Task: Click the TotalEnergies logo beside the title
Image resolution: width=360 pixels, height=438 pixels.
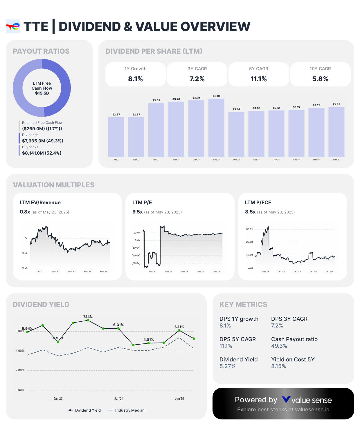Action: [x=13, y=27]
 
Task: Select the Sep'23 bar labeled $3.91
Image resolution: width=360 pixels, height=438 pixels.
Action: [x=216, y=128]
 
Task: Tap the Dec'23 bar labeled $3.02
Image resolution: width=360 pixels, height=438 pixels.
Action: [x=236, y=134]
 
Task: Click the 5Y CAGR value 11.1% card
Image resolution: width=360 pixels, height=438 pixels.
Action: [x=259, y=75]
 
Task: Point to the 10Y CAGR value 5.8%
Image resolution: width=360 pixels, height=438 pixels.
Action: [x=320, y=79]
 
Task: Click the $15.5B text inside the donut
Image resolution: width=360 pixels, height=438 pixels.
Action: [x=42, y=93]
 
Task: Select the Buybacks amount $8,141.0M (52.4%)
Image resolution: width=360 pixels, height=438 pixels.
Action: [x=42, y=153]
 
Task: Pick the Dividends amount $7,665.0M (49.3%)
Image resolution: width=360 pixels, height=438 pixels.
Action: [x=43, y=141]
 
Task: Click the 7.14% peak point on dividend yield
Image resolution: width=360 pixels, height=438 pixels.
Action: [x=88, y=320]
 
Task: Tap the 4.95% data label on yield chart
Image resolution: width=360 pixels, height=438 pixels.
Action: [x=58, y=338]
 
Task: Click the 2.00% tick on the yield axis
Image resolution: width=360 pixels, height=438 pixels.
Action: [x=20, y=370]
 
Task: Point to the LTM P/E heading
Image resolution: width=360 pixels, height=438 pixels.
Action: [x=142, y=202]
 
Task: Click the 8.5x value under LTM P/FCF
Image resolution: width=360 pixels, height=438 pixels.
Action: [x=250, y=212]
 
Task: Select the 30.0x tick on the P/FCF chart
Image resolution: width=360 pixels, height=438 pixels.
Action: [x=249, y=229]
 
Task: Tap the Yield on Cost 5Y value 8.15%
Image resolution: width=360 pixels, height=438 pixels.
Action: [x=278, y=366]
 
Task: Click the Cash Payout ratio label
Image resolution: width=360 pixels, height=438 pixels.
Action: [x=294, y=339]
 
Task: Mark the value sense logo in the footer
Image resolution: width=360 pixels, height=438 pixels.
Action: [x=307, y=400]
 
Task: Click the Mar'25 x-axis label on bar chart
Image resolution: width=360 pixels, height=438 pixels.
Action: [x=336, y=160]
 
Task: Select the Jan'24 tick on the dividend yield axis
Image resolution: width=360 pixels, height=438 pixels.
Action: [x=119, y=399]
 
